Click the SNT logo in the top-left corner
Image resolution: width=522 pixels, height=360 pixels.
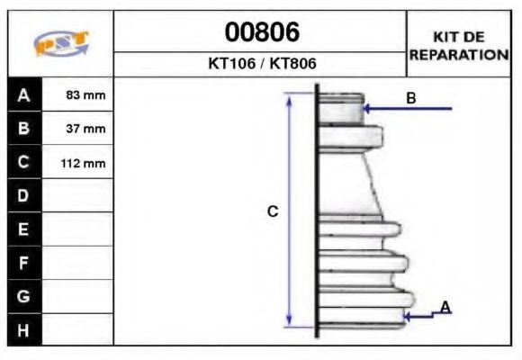(61, 44)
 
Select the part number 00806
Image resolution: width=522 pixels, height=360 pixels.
(261, 32)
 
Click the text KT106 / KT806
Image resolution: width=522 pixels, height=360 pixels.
(261, 65)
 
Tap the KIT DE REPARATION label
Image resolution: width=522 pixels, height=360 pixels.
(459, 45)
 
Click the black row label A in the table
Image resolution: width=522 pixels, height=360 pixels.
(24, 94)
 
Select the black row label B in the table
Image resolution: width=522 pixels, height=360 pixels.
(24, 129)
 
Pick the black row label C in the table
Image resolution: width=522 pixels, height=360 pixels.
(24, 163)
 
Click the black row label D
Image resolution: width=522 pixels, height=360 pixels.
(24, 196)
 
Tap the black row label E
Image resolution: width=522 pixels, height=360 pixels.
(24, 229)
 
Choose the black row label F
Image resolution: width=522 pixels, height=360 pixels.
(24, 263)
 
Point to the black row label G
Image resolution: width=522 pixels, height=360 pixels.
(24, 296)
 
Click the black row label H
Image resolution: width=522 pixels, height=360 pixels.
(24, 329)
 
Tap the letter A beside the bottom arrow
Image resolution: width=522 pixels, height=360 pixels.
(445, 308)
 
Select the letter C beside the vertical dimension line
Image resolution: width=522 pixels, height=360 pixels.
(273, 211)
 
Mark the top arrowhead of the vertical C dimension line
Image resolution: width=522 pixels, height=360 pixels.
(289, 97)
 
